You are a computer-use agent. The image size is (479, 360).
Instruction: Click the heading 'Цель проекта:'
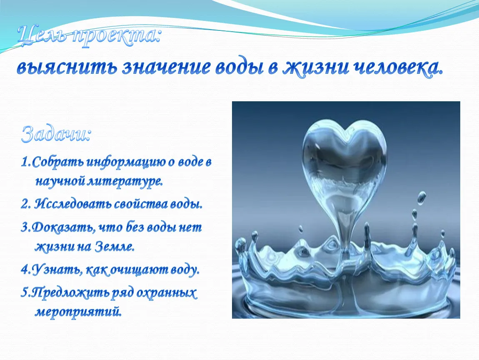[89, 37]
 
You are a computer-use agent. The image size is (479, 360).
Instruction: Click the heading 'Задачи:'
[56, 134]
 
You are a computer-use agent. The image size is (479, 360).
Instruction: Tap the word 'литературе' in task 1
[125, 182]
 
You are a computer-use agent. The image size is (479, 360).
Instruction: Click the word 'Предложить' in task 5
[70, 293]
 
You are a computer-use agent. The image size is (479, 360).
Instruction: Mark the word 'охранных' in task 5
[166, 293]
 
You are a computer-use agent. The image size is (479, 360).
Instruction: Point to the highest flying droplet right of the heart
[422, 198]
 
